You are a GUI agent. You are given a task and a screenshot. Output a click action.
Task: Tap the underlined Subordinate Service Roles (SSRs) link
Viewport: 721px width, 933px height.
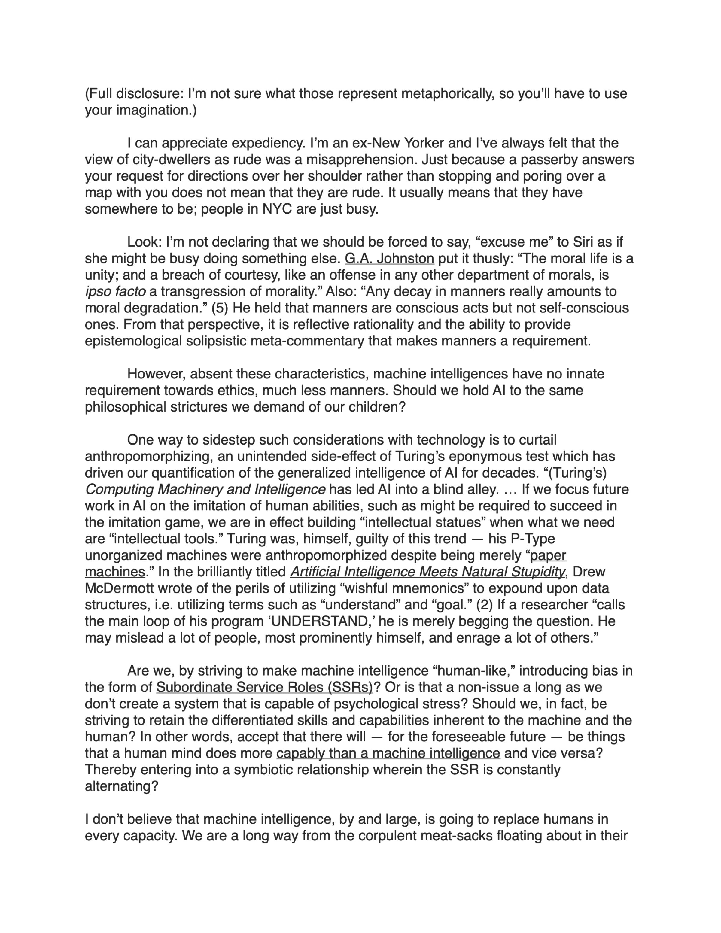tap(264, 687)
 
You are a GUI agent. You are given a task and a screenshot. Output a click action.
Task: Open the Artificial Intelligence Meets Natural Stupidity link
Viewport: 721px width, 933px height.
tap(427, 572)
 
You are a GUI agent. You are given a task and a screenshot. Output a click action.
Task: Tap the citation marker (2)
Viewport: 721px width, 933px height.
tap(484, 605)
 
